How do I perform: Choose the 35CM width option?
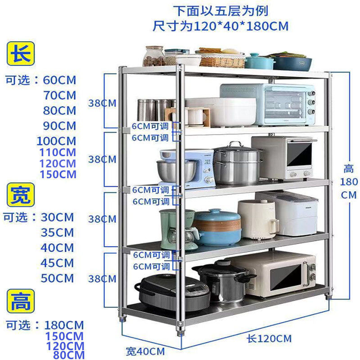[57, 233]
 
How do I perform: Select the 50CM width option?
[57, 278]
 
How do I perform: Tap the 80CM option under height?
[68, 355]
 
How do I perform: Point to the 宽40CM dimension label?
[145, 351]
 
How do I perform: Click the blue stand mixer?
[185, 168]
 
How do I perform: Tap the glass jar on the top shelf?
[154, 56]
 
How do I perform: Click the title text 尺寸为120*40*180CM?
[220, 26]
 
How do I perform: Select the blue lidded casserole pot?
[217, 227]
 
